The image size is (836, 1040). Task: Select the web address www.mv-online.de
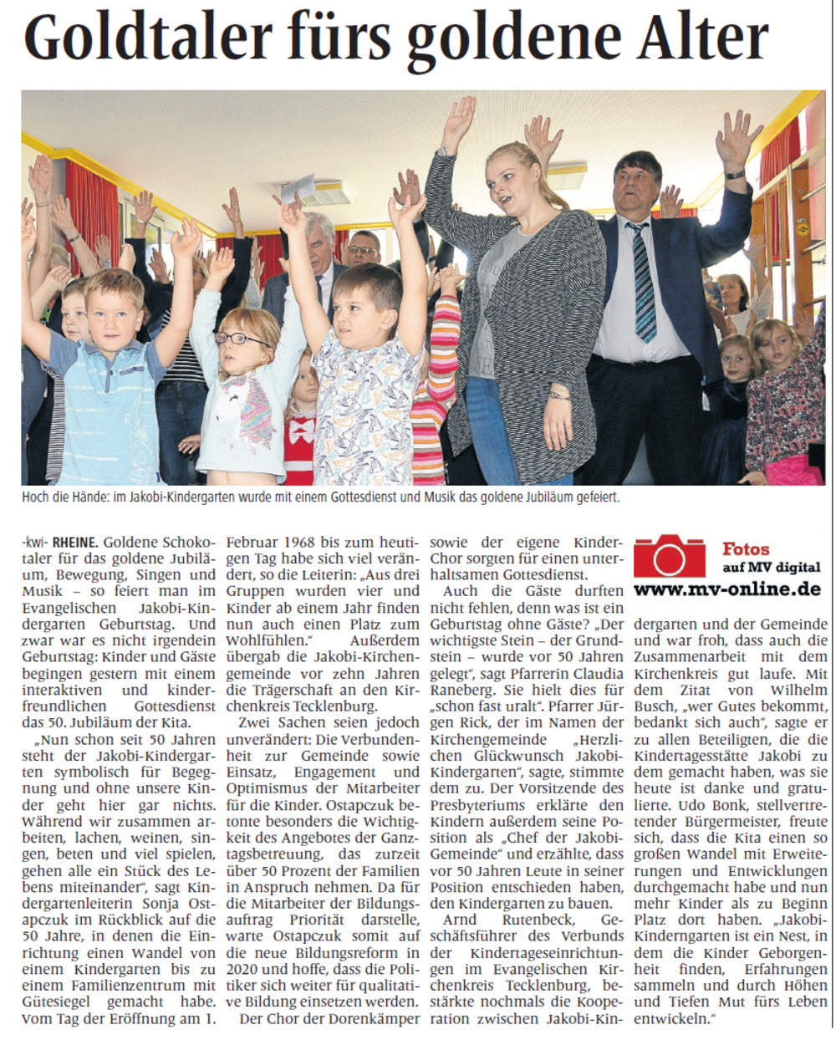726,589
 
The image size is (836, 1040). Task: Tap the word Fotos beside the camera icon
746,549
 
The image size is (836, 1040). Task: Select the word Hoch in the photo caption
37,497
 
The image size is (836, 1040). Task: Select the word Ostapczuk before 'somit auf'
313,935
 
